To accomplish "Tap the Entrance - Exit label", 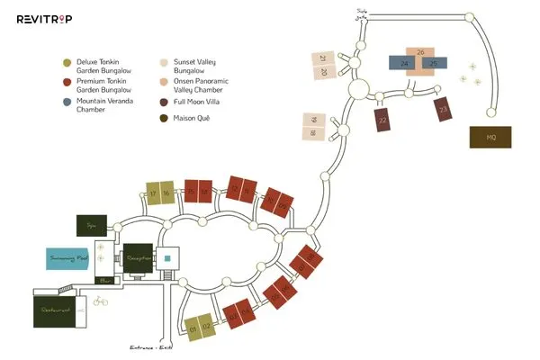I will click(150, 347).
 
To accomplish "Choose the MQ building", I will click(490, 137).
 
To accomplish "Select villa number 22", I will click(382, 120).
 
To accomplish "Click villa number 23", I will click(443, 111).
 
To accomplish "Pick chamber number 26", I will click(420, 52).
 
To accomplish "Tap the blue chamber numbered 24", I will click(406, 64).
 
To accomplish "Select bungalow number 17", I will click(154, 193).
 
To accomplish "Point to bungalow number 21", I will click(323, 58).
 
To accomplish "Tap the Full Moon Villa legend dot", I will click(164, 103).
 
